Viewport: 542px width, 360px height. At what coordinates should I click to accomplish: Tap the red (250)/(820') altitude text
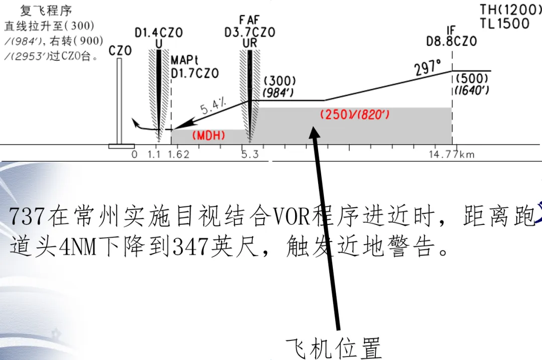click(x=355, y=114)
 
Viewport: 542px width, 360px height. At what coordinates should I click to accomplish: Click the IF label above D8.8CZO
click(x=451, y=30)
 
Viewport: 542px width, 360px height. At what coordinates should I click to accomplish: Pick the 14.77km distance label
click(x=451, y=154)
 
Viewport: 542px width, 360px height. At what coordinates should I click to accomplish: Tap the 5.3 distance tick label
click(x=249, y=154)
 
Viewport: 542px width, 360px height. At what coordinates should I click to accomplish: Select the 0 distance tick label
click(x=134, y=154)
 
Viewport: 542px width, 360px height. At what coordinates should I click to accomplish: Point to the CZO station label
click(x=120, y=51)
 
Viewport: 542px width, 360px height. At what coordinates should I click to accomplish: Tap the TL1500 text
click(x=504, y=24)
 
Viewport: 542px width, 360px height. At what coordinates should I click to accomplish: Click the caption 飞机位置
click(x=334, y=347)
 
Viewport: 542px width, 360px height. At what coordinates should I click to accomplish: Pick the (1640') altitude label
click(x=472, y=91)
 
